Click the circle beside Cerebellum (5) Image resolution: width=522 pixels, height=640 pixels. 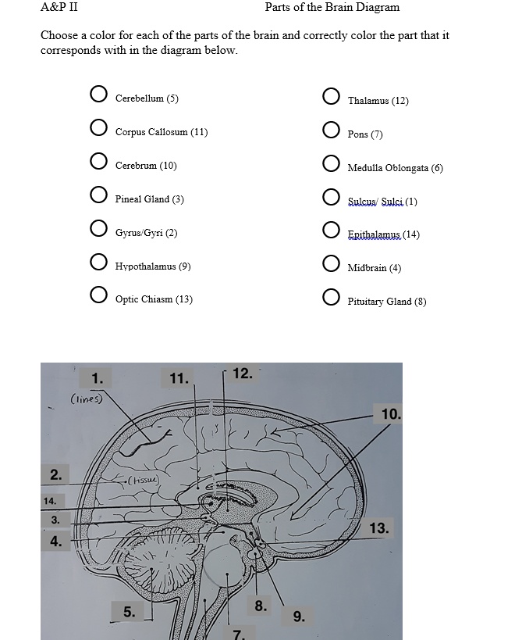[98, 95]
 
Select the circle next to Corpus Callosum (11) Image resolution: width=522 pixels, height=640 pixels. [98, 128]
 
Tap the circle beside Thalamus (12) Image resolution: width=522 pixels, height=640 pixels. [331, 97]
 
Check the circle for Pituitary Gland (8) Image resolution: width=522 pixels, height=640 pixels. [331, 298]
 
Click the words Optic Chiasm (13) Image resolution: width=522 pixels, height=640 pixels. [154, 299]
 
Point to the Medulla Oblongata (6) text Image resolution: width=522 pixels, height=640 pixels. [395, 168]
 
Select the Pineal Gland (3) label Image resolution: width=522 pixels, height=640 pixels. [149, 199]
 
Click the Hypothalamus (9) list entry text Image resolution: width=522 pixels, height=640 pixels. [153, 266]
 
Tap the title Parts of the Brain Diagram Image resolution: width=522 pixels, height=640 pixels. [332, 8]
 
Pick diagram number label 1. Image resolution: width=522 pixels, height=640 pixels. [97, 379]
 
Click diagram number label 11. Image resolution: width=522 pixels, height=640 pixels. [179, 379]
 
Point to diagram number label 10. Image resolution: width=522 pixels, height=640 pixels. [389, 414]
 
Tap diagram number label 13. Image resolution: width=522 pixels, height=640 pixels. [378, 528]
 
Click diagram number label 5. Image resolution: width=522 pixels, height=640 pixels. [128, 612]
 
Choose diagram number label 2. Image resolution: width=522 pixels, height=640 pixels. [55, 474]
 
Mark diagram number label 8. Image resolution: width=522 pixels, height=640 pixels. [260, 606]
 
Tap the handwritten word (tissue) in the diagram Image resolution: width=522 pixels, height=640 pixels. [144, 479]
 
